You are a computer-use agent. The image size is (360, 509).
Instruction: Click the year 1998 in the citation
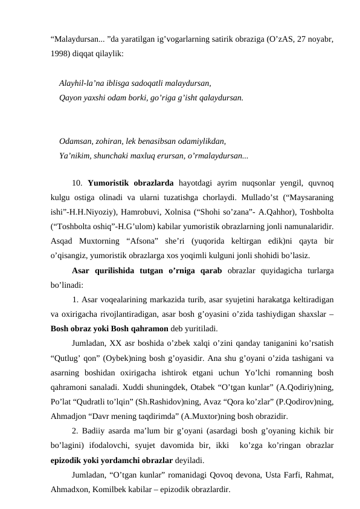coord(60,53)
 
